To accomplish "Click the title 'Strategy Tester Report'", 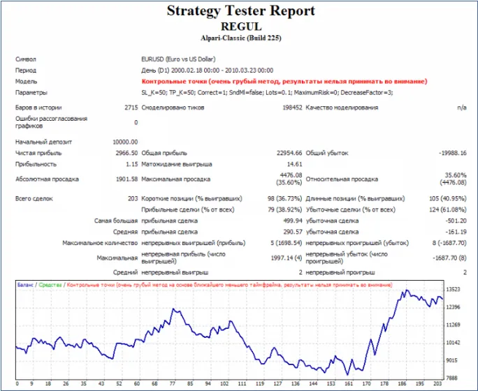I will [240, 11].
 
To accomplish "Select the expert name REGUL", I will [240, 25].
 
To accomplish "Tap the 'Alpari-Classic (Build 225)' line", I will [240, 38].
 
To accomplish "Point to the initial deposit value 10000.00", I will [124, 142].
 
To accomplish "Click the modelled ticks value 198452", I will [288, 108].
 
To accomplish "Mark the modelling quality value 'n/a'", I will [461, 108].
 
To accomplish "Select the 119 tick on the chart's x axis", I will [259, 384].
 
